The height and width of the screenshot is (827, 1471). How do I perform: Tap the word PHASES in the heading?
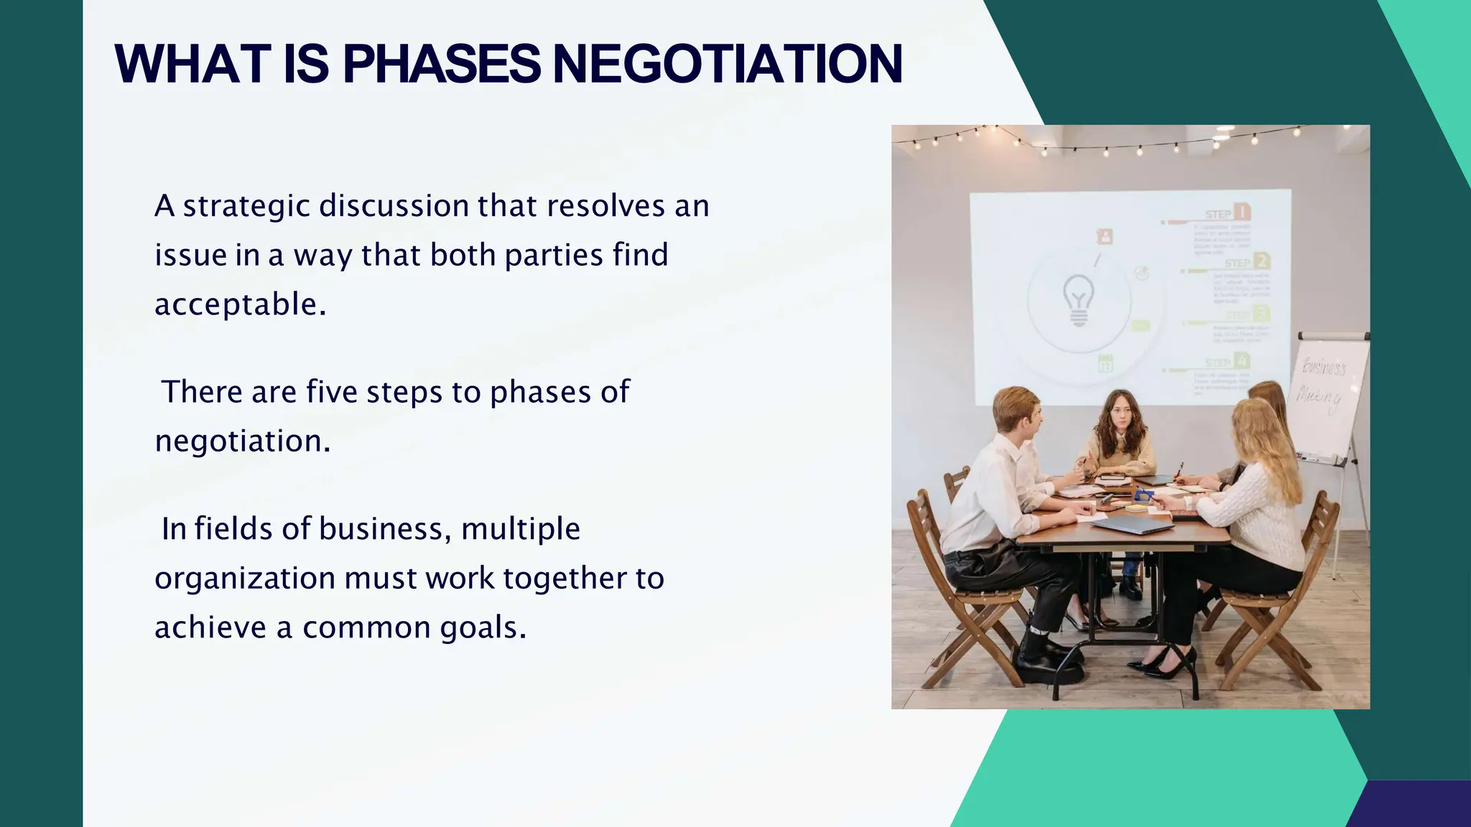point(442,65)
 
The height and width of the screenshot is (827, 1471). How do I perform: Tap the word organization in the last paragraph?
point(245,579)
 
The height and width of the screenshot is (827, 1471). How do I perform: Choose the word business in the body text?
point(384,529)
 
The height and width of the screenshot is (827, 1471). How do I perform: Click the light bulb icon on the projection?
point(1078,300)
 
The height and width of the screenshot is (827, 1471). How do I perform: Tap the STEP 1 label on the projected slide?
point(1228,212)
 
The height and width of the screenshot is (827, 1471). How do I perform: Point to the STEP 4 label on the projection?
point(1228,362)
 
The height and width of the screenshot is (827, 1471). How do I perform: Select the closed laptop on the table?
point(1132,525)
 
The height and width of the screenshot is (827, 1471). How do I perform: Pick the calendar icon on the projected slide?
point(1105,363)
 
